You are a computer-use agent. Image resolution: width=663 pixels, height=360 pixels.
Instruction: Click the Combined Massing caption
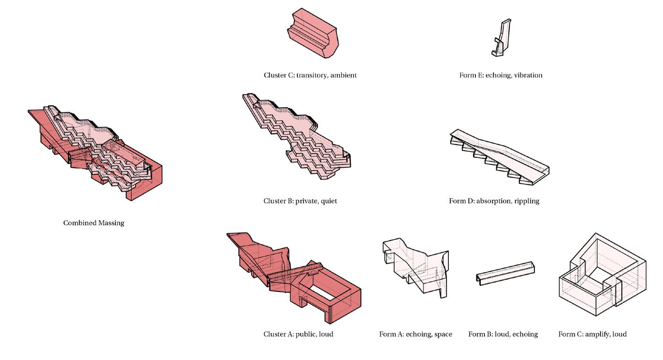[x=94, y=223]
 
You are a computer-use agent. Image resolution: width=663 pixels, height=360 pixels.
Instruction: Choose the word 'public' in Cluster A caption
[x=304, y=334]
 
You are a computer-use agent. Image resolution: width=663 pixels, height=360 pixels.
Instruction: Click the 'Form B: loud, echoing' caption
[x=503, y=334]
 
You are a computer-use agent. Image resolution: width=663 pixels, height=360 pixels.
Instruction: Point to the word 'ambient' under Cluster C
[x=343, y=75]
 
